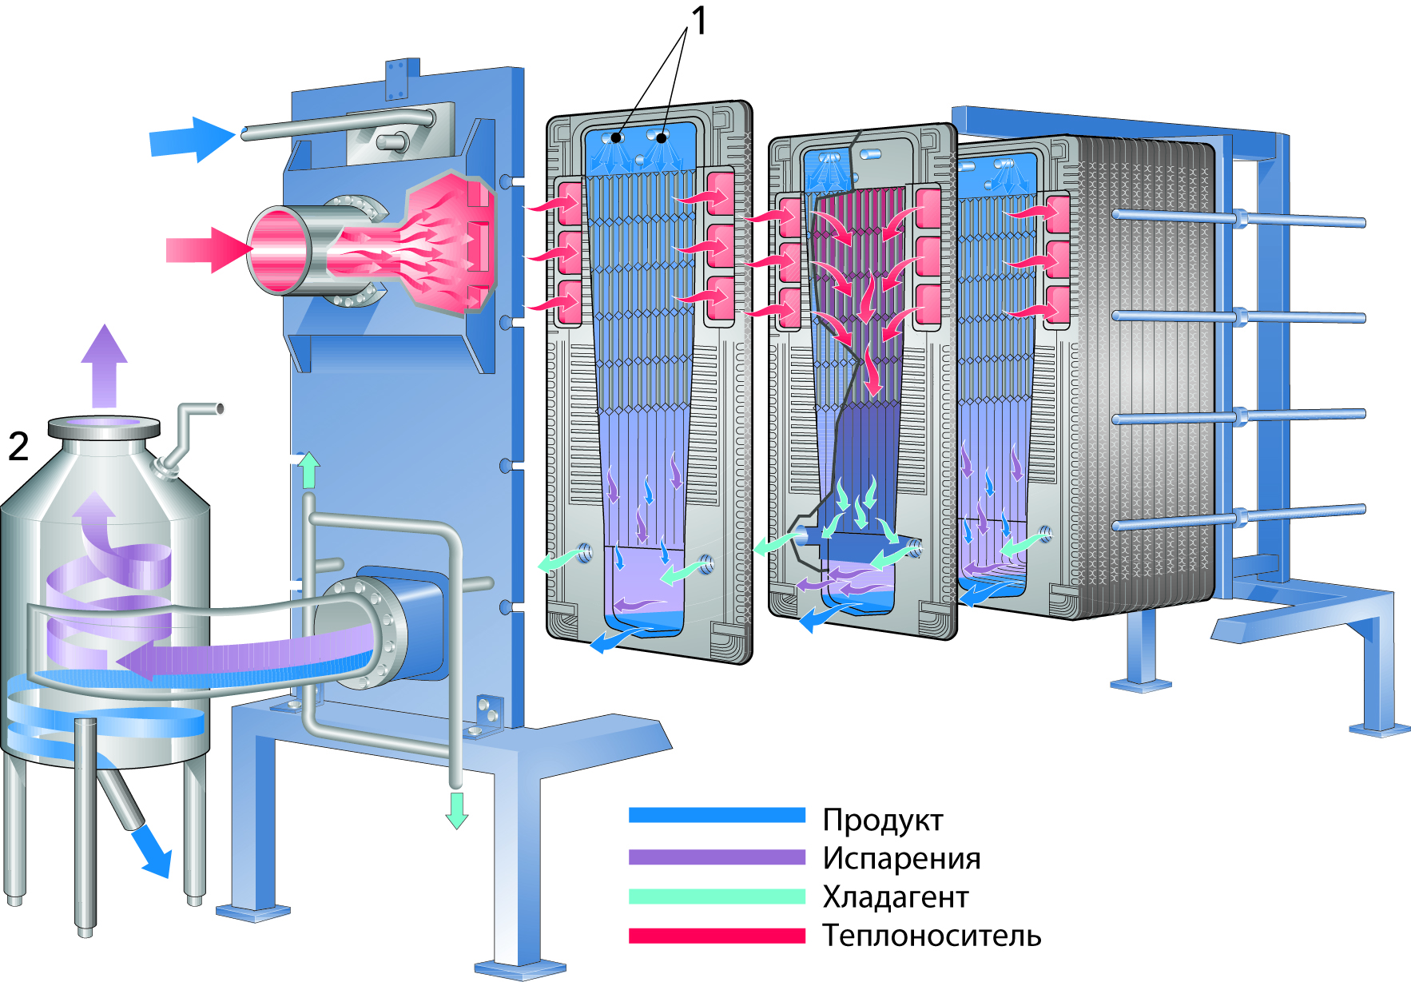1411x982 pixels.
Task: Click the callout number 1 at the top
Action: tap(699, 21)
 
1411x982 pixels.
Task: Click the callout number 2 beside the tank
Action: tap(18, 446)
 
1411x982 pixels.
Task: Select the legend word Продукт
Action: tap(882, 820)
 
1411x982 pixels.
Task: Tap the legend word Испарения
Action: tap(901, 858)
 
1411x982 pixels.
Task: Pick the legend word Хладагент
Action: tap(895, 897)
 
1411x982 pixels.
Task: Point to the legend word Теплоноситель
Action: tap(932, 935)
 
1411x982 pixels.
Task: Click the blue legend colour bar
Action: tap(717, 815)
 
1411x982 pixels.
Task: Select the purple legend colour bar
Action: tap(717, 857)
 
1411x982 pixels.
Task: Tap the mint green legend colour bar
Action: tap(717, 897)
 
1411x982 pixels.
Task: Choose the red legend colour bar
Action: tap(717, 936)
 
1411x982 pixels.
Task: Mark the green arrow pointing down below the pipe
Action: tap(456, 809)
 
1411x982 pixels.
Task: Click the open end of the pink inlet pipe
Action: tap(278, 250)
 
